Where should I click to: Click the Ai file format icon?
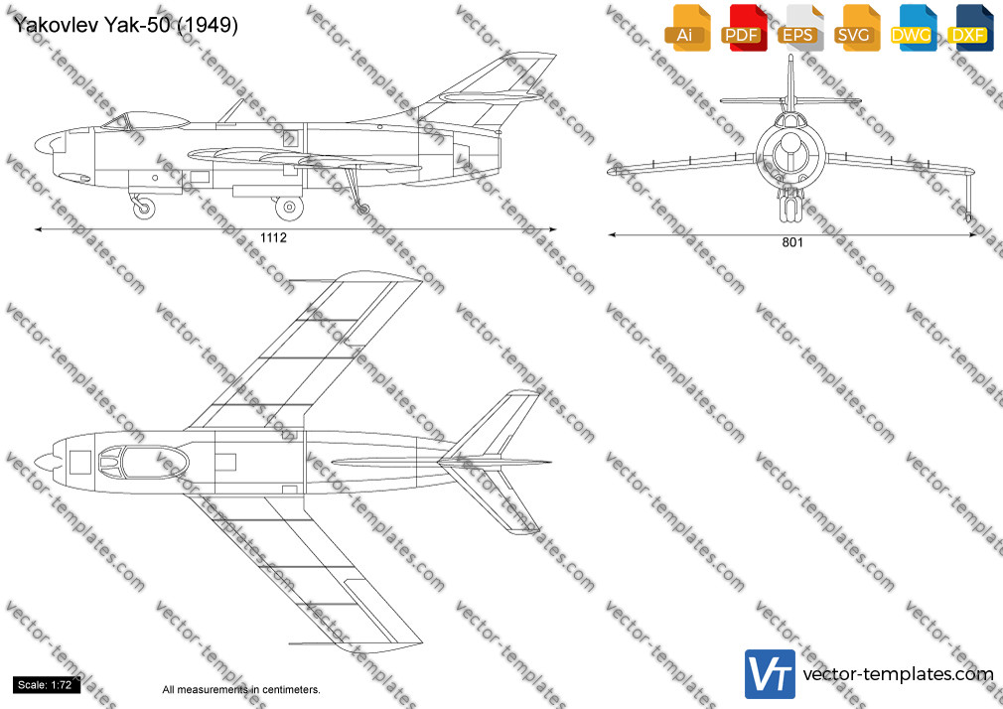click(687, 28)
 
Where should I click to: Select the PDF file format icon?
click(744, 28)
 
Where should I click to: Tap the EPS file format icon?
click(800, 28)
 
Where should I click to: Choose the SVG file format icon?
click(856, 28)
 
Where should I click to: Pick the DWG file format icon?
click(913, 28)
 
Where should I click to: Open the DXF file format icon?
click(970, 28)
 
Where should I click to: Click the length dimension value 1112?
click(273, 237)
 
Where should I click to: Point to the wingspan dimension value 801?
click(791, 242)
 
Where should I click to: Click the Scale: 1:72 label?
click(45, 685)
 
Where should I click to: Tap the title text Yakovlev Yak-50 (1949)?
click(125, 25)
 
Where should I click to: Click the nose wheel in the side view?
click(143, 208)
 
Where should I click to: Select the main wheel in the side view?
click(289, 207)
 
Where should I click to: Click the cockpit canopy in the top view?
click(143, 462)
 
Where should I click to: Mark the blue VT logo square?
click(771, 674)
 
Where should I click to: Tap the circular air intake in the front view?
click(790, 154)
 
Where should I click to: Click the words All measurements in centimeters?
click(241, 690)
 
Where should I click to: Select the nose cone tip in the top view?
click(36, 462)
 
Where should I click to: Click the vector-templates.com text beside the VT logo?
click(898, 674)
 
